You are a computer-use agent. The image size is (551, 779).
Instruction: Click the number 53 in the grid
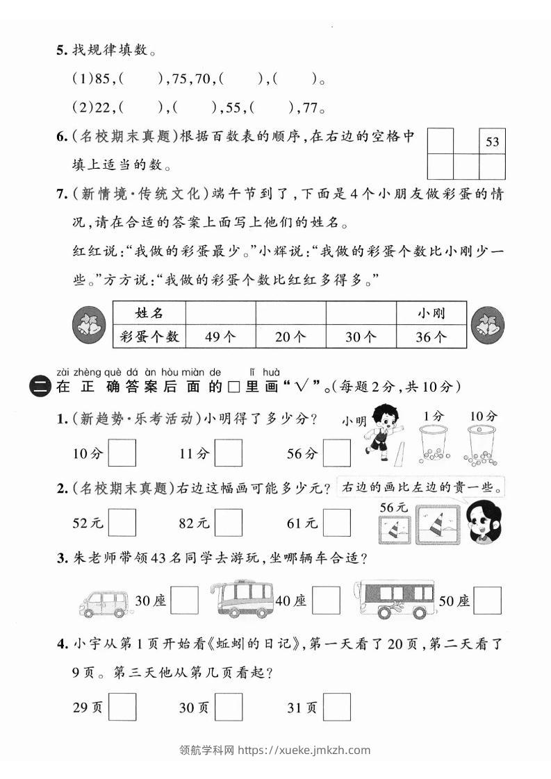click(x=492, y=142)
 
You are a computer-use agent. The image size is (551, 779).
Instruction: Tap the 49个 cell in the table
click(x=220, y=337)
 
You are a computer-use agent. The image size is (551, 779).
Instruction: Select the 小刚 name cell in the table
click(x=431, y=313)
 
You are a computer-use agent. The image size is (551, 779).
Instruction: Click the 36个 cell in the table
click(x=431, y=337)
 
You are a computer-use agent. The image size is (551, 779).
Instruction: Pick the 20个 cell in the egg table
click(x=290, y=337)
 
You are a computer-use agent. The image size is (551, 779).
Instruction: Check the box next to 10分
click(x=122, y=453)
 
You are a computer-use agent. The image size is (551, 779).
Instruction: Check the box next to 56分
click(x=337, y=453)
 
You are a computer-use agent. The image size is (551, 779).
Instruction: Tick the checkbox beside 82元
click(x=229, y=523)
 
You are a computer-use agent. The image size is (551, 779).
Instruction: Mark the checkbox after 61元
click(x=337, y=523)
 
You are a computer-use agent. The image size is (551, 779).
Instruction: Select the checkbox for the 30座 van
click(x=184, y=601)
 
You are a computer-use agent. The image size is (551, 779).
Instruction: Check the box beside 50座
click(x=487, y=601)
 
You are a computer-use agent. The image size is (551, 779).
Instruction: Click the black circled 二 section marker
click(x=41, y=387)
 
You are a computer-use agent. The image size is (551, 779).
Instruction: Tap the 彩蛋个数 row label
click(x=149, y=337)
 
